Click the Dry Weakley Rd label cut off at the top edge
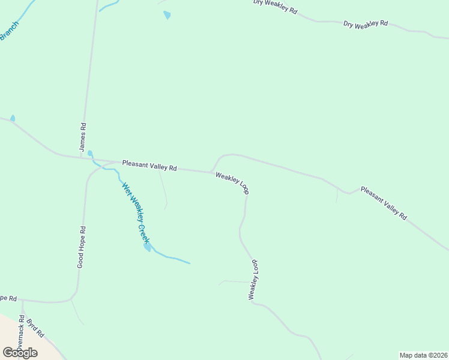[x=275, y=7]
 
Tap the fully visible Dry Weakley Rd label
[x=366, y=24]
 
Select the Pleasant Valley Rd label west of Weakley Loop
[x=149, y=166]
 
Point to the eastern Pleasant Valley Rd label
[x=384, y=203]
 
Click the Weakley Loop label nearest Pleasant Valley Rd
[x=232, y=183]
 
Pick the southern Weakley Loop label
[x=254, y=280]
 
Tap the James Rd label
[x=83, y=137]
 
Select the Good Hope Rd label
[x=82, y=247]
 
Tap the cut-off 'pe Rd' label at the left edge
[x=8, y=298]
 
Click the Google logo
[x=20, y=352]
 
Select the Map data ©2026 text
[x=424, y=355]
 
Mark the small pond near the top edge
[x=167, y=15]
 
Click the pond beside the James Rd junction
[x=90, y=154]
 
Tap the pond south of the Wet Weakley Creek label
[x=146, y=247]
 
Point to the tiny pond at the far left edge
[x=13, y=118]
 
